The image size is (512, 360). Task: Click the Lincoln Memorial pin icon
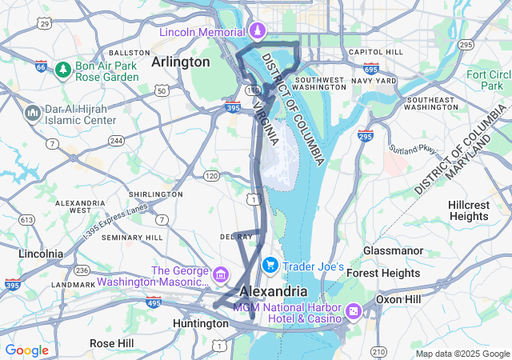pyautogui.click(x=258, y=31)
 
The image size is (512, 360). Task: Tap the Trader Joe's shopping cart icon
pyautogui.click(x=270, y=266)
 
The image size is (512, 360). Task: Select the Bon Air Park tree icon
pyautogui.click(x=62, y=71)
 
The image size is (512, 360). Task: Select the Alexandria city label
pyautogui.click(x=273, y=291)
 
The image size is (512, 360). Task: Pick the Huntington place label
pyautogui.click(x=200, y=323)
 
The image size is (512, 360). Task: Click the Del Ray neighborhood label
pyautogui.click(x=236, y=237)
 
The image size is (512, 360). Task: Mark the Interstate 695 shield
pyautogui.click(x=370, y=70)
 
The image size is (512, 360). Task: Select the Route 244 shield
pyautogui.click(x=117, y=141)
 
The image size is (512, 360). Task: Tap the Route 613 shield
pyautogui.click(x=27, y=219)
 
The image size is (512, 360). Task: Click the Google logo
pyautogui.click(x=26, y=350)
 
